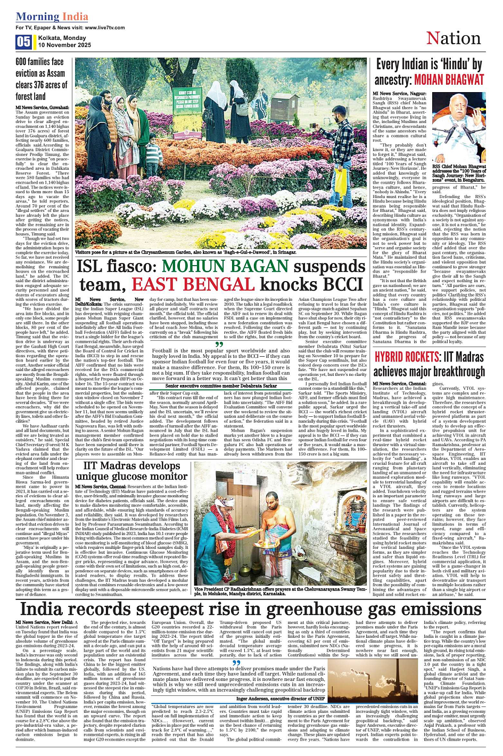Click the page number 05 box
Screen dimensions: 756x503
point(23,42)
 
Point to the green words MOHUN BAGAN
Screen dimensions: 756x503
point(225,267)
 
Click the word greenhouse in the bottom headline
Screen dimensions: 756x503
point(288,609)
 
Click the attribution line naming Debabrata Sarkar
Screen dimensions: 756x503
point(221,385)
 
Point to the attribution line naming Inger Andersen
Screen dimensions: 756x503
point(280,698)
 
